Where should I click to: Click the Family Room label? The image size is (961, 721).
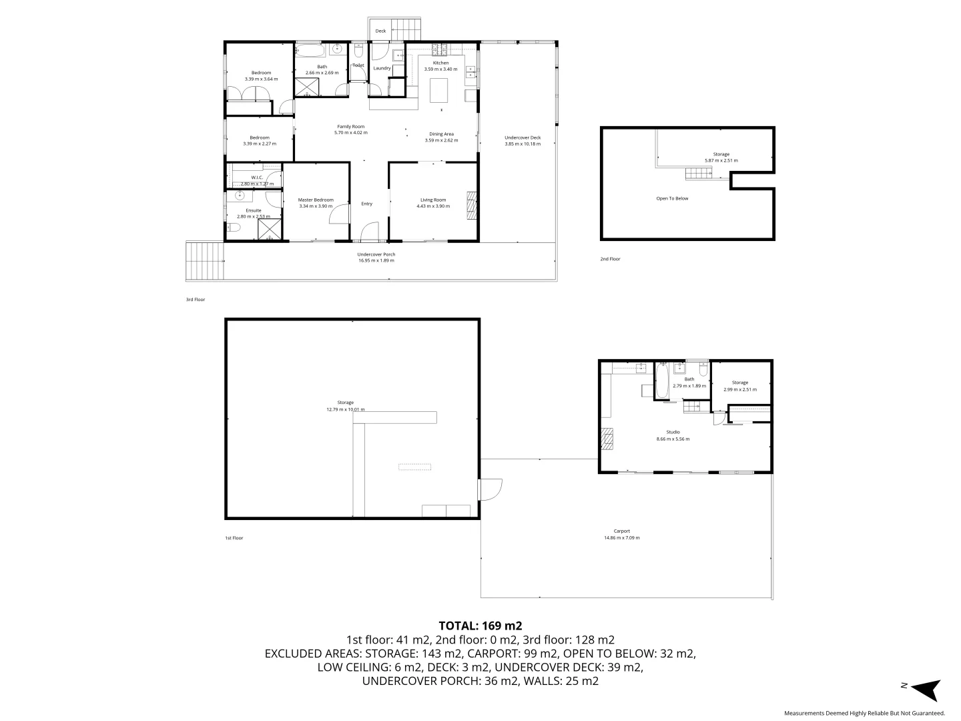(x=350, y=126)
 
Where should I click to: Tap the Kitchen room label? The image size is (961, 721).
(x=440, y=63)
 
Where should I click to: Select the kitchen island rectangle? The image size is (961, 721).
(x=439, y=89)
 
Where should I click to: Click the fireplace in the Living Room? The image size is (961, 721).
(x=472, y=205)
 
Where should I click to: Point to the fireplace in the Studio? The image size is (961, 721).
(x=607, y=440)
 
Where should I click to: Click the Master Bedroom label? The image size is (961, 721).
(x=316, y=200)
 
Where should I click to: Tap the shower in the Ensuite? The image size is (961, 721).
(x=270, y=229)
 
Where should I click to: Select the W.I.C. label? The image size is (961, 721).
(x=257, y=178)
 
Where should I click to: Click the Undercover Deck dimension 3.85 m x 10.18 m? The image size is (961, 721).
(x=522, y=144)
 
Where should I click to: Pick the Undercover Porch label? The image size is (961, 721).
(x=376, y=254)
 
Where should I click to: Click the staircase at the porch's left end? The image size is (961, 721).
(x=204, y=261)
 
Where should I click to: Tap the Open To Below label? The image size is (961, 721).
(x=672, y=198)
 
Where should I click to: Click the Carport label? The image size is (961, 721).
(x=621, y=531)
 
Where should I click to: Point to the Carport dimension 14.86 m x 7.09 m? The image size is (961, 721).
(x=621, y=538)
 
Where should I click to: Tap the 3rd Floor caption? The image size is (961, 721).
(x=195, y=300)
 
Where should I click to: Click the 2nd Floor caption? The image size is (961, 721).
(x=609, y=259)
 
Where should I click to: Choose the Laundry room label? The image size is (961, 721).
(x=382, y=68)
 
